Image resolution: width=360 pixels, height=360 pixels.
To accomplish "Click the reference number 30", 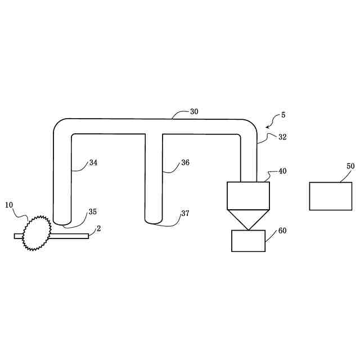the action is [194, 111].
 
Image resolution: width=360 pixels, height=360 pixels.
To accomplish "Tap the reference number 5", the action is [283, 115].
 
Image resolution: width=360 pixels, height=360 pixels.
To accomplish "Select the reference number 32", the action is [282, 137].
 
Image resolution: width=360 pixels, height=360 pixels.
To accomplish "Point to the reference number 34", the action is [93, 163].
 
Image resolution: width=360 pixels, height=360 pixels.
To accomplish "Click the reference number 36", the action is [185, 163].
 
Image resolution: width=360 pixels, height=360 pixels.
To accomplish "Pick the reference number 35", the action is [92, 211].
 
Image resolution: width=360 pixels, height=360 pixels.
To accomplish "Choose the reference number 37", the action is [185, 213].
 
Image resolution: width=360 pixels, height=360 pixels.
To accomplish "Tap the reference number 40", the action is [282, 171].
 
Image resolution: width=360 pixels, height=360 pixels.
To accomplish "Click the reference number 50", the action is [350, 166].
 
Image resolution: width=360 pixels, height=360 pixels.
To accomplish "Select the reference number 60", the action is [282, 231].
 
